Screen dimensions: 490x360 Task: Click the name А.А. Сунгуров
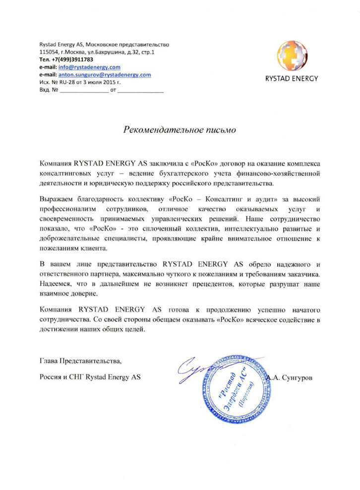(290, 378)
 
